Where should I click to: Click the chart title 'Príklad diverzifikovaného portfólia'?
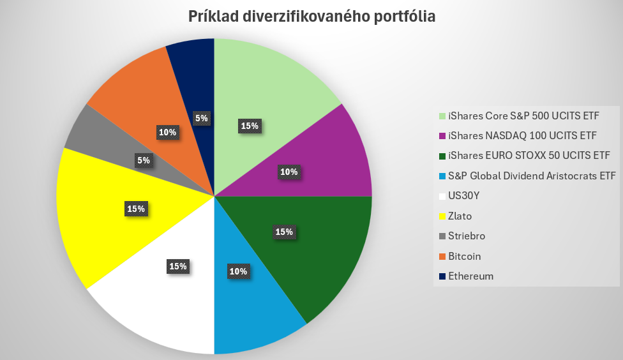(x=311, y=17)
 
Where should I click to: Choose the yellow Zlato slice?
(x=96, y=211)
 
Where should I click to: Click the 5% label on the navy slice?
(x=201, y=118)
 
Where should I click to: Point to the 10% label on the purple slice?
(x=289, y=172)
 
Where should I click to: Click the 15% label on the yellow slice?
(x=136, y=209)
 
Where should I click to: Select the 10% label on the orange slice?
(x=168, y=132)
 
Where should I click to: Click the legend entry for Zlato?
(x=460, y=216)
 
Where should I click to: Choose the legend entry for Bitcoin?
(x=465, y=256)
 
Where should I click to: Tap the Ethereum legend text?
(x=471, y=276)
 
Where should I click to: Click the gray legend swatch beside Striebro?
(x=442, y=236)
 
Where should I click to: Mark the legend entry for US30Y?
(x=465, y=195)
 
